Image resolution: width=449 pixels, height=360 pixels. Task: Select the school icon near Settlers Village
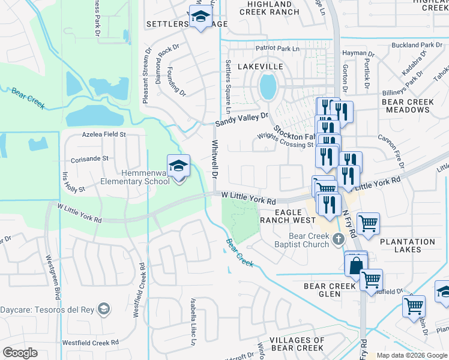tap(201, 17)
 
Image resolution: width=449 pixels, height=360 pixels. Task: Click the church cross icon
tap(338, 240)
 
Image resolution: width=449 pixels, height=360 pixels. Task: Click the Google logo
tap(20, 353)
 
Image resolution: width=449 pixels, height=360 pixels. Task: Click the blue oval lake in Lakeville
tap(268, 86)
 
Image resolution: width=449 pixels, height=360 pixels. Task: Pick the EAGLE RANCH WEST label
tap(286, 216)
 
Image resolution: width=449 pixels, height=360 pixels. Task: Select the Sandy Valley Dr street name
tap(244, 119)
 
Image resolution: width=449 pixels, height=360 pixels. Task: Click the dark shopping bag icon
tap(355, 265)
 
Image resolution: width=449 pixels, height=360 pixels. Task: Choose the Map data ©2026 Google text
tap(412, 355)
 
